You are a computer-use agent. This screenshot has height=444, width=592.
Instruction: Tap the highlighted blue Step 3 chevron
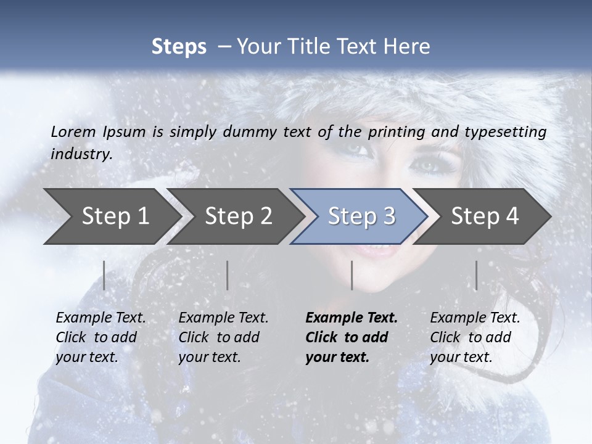(361, 216)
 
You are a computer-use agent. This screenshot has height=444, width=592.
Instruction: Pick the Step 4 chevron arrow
(484, 216)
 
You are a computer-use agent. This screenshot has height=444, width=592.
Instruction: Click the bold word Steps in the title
(179, 47)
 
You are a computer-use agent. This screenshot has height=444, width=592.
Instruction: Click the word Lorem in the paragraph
(73, 131)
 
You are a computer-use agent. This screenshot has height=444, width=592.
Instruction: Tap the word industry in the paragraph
(81, 154)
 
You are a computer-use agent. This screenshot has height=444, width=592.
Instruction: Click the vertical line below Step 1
(104, 275)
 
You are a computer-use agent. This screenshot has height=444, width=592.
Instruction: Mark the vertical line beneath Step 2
(228, 275)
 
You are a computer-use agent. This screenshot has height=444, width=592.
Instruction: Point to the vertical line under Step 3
(351, 275)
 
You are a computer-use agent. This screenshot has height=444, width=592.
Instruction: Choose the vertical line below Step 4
(476, 275)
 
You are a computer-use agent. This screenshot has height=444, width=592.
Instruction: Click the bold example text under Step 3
(351, 337)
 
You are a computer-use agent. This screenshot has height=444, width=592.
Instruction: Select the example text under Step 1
(101, 337)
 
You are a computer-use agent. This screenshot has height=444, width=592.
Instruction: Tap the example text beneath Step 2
(223, 337)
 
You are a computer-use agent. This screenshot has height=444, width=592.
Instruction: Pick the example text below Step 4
(475, 337)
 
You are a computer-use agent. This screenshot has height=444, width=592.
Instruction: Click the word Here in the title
(409, 47)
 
